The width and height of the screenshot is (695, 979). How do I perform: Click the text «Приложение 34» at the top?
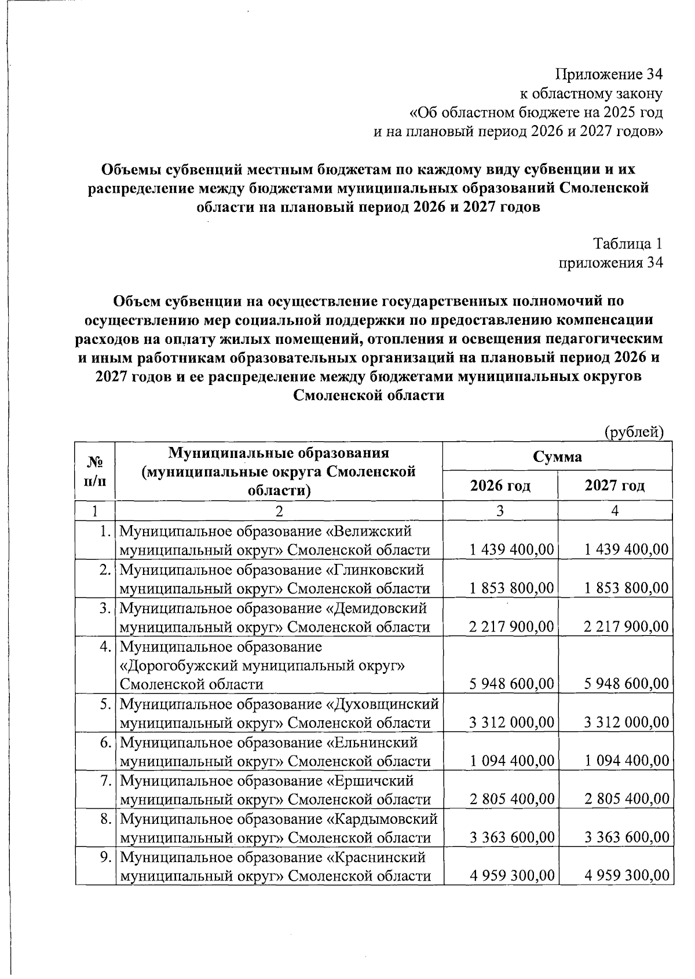click(609, 75)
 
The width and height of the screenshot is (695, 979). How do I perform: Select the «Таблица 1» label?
click(627, 244)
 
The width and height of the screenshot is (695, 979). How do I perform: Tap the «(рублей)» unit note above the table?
click(634, 432)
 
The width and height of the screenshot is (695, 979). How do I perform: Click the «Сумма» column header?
click(557, 457)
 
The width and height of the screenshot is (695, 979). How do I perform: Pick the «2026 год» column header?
click(500, 485)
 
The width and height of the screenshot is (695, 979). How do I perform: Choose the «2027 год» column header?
click(614, 485)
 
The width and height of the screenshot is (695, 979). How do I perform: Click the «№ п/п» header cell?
click(95, 471)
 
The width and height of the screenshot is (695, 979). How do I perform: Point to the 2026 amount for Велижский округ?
click(512, 549)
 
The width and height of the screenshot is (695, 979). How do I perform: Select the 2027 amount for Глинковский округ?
click(627, 588)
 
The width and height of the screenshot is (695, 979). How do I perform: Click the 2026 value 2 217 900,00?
click(512, 626)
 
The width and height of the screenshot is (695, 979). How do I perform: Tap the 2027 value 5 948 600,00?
click(627, 684)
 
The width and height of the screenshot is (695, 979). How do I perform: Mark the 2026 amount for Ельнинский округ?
click(512, 761)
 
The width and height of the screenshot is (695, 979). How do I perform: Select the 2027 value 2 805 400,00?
click(627, 800)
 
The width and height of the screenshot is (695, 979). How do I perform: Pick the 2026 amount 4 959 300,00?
click(512, 875)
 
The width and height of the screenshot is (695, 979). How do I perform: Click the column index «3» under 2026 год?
click(500, 511)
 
